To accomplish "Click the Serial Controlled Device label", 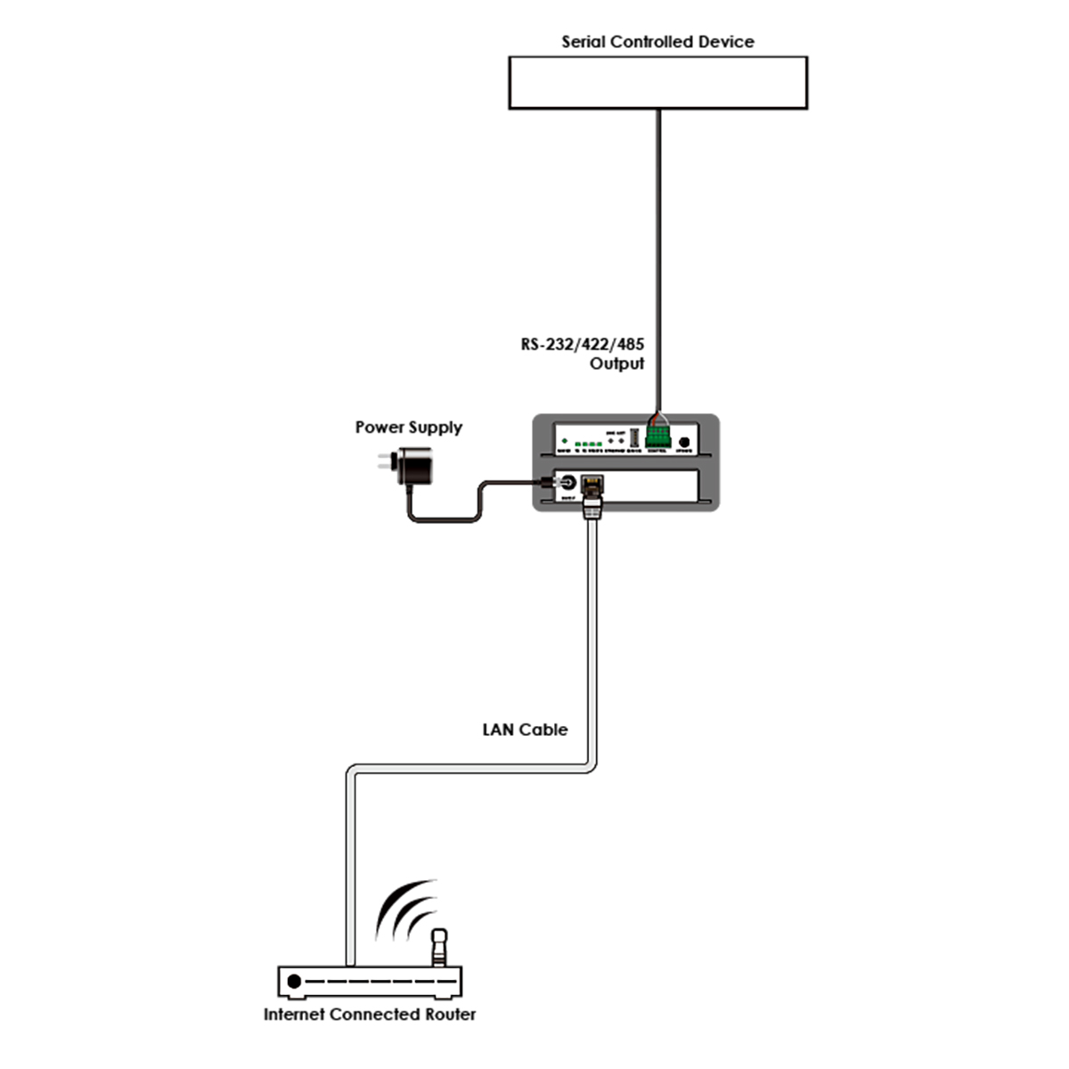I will [x=657, y=42].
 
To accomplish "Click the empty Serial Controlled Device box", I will [x=657, y=83].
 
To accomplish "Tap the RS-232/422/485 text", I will [x=583, y=345].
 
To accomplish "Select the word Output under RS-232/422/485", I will [x=616, y=364].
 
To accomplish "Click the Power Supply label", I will [x=409, y=428].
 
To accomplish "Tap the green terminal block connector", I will [x=658, y=437].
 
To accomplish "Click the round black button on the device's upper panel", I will [x=684, y=442].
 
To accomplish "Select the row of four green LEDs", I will [x=588, y=444].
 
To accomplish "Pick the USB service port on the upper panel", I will [x=633, y=439].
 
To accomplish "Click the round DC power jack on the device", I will [x=563, y=483].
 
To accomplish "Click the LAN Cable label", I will [x=525, y=730].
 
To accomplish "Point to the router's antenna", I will [x=439, y=948].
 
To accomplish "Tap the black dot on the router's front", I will [x=294, y=983].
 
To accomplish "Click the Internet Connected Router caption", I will [x=370, y=1015].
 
